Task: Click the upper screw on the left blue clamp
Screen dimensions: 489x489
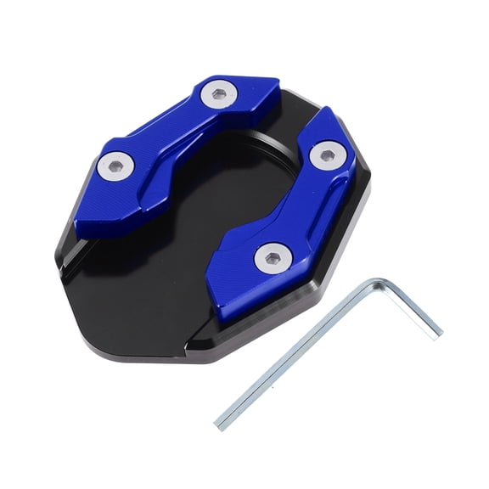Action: tap(220, 94)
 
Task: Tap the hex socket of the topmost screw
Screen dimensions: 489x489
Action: tap(220, 94)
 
